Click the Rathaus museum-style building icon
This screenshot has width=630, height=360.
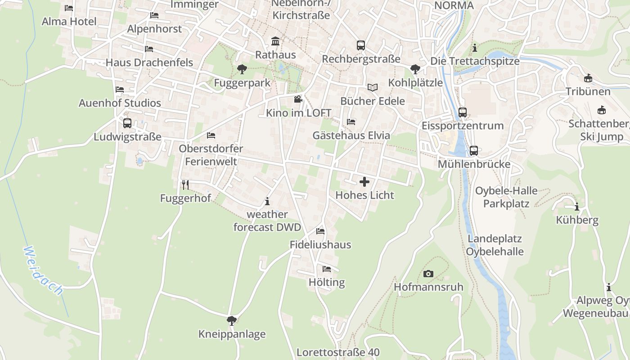(275, 42)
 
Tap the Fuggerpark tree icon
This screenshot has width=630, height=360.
(242, 69)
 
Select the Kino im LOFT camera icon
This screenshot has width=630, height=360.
(298, 99)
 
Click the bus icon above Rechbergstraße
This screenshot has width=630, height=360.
(361, 45)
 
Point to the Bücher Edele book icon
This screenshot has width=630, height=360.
(373, 87)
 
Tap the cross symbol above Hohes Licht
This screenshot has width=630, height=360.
(364, 182)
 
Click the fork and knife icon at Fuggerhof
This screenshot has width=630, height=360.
(185, 184)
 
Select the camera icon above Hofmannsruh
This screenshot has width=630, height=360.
(428, 274)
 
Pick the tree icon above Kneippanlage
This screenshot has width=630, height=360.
(232, 320)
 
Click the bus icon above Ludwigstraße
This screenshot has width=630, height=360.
(127, 123)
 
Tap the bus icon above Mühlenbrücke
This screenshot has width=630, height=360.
(474, 151)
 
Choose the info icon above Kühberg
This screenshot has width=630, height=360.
(577, 207)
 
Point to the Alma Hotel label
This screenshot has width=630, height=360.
(69, 21)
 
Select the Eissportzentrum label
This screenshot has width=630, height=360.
(462, 126)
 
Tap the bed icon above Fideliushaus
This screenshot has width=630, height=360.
(320, 231)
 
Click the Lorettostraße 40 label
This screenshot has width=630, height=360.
(338, 352)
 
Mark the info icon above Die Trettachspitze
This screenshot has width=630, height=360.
(475, 47)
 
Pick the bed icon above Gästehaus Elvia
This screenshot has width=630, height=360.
(351, 121)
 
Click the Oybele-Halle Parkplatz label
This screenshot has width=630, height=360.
(506, 197)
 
